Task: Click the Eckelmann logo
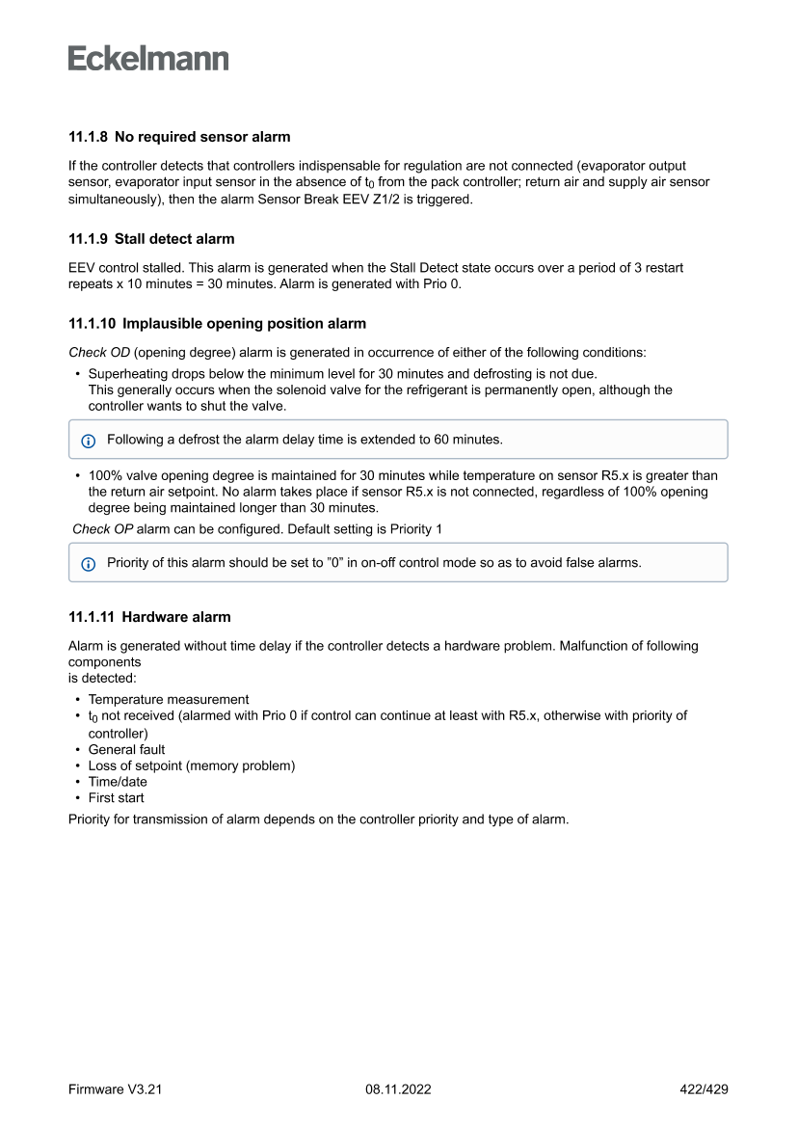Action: pyautogui.click(x=148, y=59)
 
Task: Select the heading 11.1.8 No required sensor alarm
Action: pyautogui.click(x=179, y=137)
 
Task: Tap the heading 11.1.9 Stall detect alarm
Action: pyautogui.click(x=151, y=238)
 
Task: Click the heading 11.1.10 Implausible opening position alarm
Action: pyautogui.click(x=217, y=323)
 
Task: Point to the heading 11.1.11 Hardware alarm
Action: pyautogui.click(x=149, y=616)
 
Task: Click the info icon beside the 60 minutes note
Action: pyautogui.click(x=89, y=440)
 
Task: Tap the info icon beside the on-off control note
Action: pyautogui.click(x=89, y=563)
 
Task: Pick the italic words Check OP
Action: pyautogui.click(x=103, y=529)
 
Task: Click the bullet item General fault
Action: pyautogui.click(x=126, y=749)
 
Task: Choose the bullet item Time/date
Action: pyautogui.click(x=118, y=782)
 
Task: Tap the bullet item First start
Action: pyautogui.click(x=116, y=798)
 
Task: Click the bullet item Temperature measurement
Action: pyautogui.click(x=169, y=699)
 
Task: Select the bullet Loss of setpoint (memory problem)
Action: pyautogui.click(x=191, y=765)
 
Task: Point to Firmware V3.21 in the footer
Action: pyautogui.click(x=116, y=1089)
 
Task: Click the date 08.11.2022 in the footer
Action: pyautogui.click(x=398, y=1089)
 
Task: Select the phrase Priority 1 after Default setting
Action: pyautogui.click(x=416, y=529)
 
